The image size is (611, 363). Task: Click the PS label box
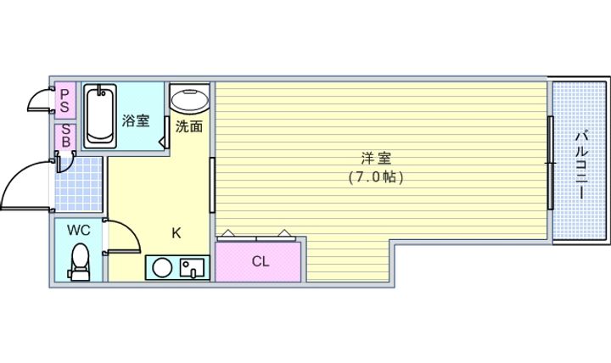click(64, 99)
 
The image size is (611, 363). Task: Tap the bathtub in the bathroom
click(101, 115)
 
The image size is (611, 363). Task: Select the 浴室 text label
click(135, 120)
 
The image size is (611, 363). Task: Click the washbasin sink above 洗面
click(189, 100)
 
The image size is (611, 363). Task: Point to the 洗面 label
click(188, 128)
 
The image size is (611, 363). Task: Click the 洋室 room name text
click(375, 159)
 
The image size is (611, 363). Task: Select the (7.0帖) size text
click(375, 177)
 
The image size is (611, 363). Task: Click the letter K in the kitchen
click(177, 232)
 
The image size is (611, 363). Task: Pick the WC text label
click(78, 230)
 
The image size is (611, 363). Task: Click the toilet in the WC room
click(80, 262)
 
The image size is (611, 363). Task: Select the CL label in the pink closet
click(260, 261)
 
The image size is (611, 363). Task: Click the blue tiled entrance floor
click(80, 184)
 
